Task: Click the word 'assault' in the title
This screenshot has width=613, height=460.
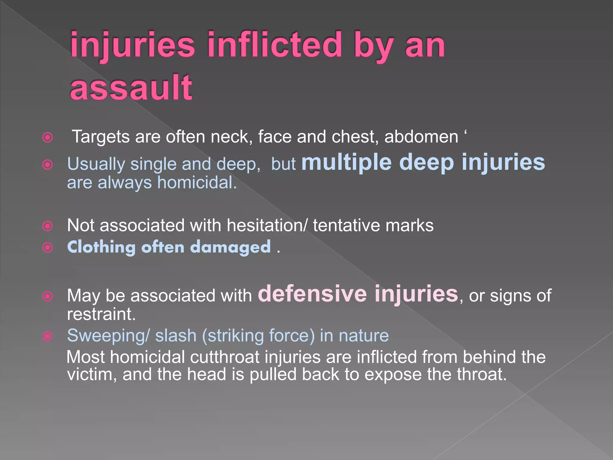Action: [131, 87]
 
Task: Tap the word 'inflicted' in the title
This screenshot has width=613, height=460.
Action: [274, 45]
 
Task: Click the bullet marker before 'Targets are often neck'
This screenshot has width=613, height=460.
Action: [48, 137]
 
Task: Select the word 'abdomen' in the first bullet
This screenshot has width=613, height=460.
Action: [421, 137]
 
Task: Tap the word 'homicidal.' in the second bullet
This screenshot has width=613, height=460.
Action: [197, 182]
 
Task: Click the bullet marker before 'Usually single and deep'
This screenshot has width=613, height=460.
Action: [48, 165]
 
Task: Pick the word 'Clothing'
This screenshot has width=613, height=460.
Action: [101, 247]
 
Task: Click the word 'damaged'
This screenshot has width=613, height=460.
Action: [230, 247]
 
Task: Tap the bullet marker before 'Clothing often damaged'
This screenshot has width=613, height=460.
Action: [48, 248]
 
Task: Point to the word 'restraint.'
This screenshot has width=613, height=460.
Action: [101, 314]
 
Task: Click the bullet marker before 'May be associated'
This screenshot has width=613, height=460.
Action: [48, 296]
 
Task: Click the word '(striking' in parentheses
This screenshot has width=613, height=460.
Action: [233, 335]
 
